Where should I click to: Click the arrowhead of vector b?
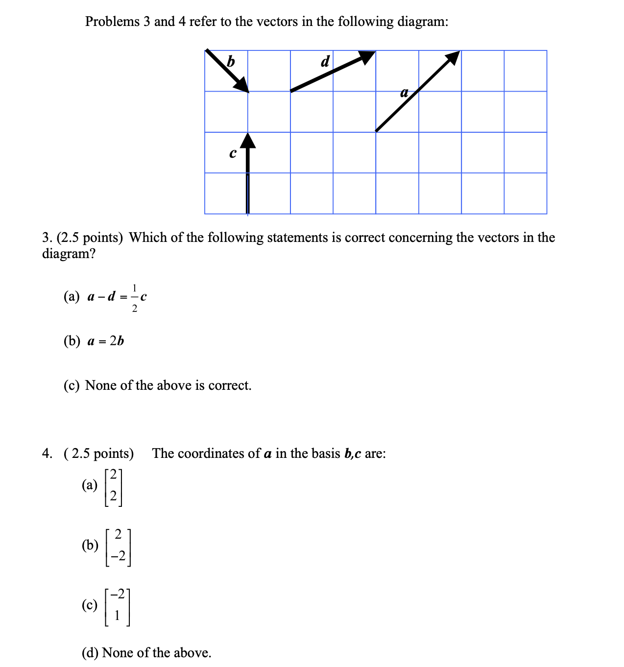coord(242,85)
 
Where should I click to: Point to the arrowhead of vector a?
coord(453,57)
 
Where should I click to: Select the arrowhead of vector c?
coord(248,140)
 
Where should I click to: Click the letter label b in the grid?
coord(231,62)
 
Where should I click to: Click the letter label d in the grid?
coord(325,62)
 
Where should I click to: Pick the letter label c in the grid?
coord(233,153)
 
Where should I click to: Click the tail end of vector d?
coord(291,91)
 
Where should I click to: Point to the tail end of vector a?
coord(376,131)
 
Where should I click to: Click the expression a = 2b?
coord(105,341)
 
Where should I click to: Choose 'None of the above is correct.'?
coord(168,385)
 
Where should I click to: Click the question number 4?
coord(47,453)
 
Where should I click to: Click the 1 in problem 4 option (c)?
coord(117,616)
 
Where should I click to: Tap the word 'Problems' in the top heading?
coord(112,22)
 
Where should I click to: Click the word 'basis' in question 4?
coord(326,453)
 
